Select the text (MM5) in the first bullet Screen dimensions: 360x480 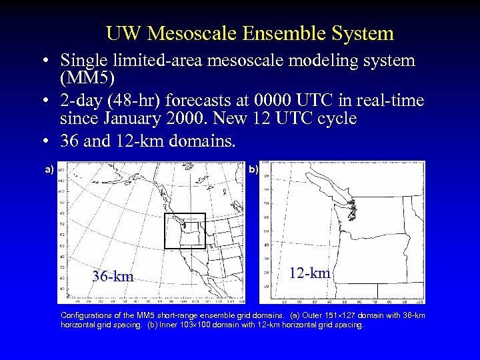[x=87, y=78]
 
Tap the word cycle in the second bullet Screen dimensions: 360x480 [x=337, y=119]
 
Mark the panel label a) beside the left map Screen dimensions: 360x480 [x=49, y=169]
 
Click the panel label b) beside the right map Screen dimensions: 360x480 [x=254, y=169]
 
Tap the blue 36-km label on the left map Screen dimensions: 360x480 [x=113, y=276]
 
